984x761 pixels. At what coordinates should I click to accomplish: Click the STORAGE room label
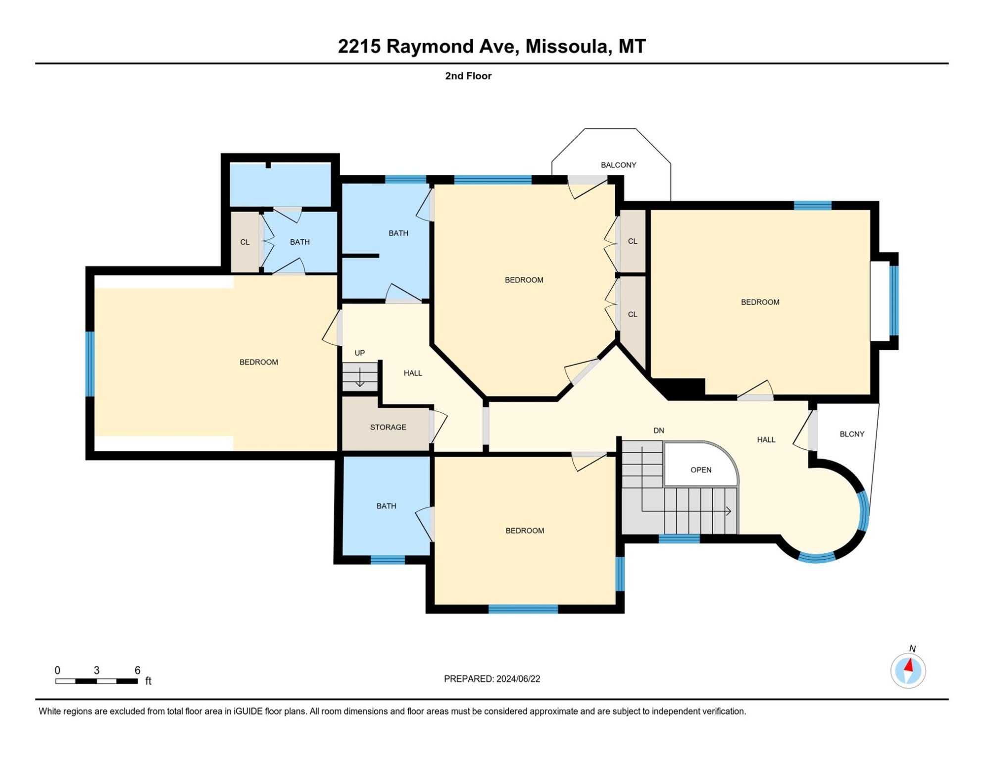[x=388, y=427]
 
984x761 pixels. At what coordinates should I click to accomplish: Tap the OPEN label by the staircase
[x=701, y=470]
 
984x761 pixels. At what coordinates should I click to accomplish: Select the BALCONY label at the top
[x=618, y=165]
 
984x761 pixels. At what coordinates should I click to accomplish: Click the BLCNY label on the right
[x=852, y=434]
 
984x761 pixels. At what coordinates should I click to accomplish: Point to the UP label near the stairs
[x=359, y=353]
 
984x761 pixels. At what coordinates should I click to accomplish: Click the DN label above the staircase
[x=658, y=431]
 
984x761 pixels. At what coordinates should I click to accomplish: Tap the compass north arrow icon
[x=908, y=671]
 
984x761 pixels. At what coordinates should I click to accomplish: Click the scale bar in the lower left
[x=97, y=681]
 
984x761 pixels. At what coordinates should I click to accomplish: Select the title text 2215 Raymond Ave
[x=492, y=47]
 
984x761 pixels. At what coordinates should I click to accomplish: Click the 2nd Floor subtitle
[x=468, y=76]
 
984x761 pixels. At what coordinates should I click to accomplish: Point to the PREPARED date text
[x=492, y=679]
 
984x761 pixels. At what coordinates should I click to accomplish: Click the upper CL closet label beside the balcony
[x=632, y=241]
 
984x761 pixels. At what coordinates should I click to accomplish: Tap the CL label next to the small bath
[x=245, y=242]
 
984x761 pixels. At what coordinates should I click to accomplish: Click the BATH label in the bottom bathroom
[x=386, y=506]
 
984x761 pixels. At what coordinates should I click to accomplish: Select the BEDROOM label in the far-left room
[x=258, y=362]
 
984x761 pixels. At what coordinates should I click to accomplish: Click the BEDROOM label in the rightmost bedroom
[x=760, y=302]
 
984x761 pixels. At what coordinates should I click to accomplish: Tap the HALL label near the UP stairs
[x=412, y=373]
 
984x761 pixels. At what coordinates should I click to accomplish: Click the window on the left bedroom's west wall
[x=90, y=364]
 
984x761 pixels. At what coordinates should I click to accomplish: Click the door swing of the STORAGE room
[x=439, y=425]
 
